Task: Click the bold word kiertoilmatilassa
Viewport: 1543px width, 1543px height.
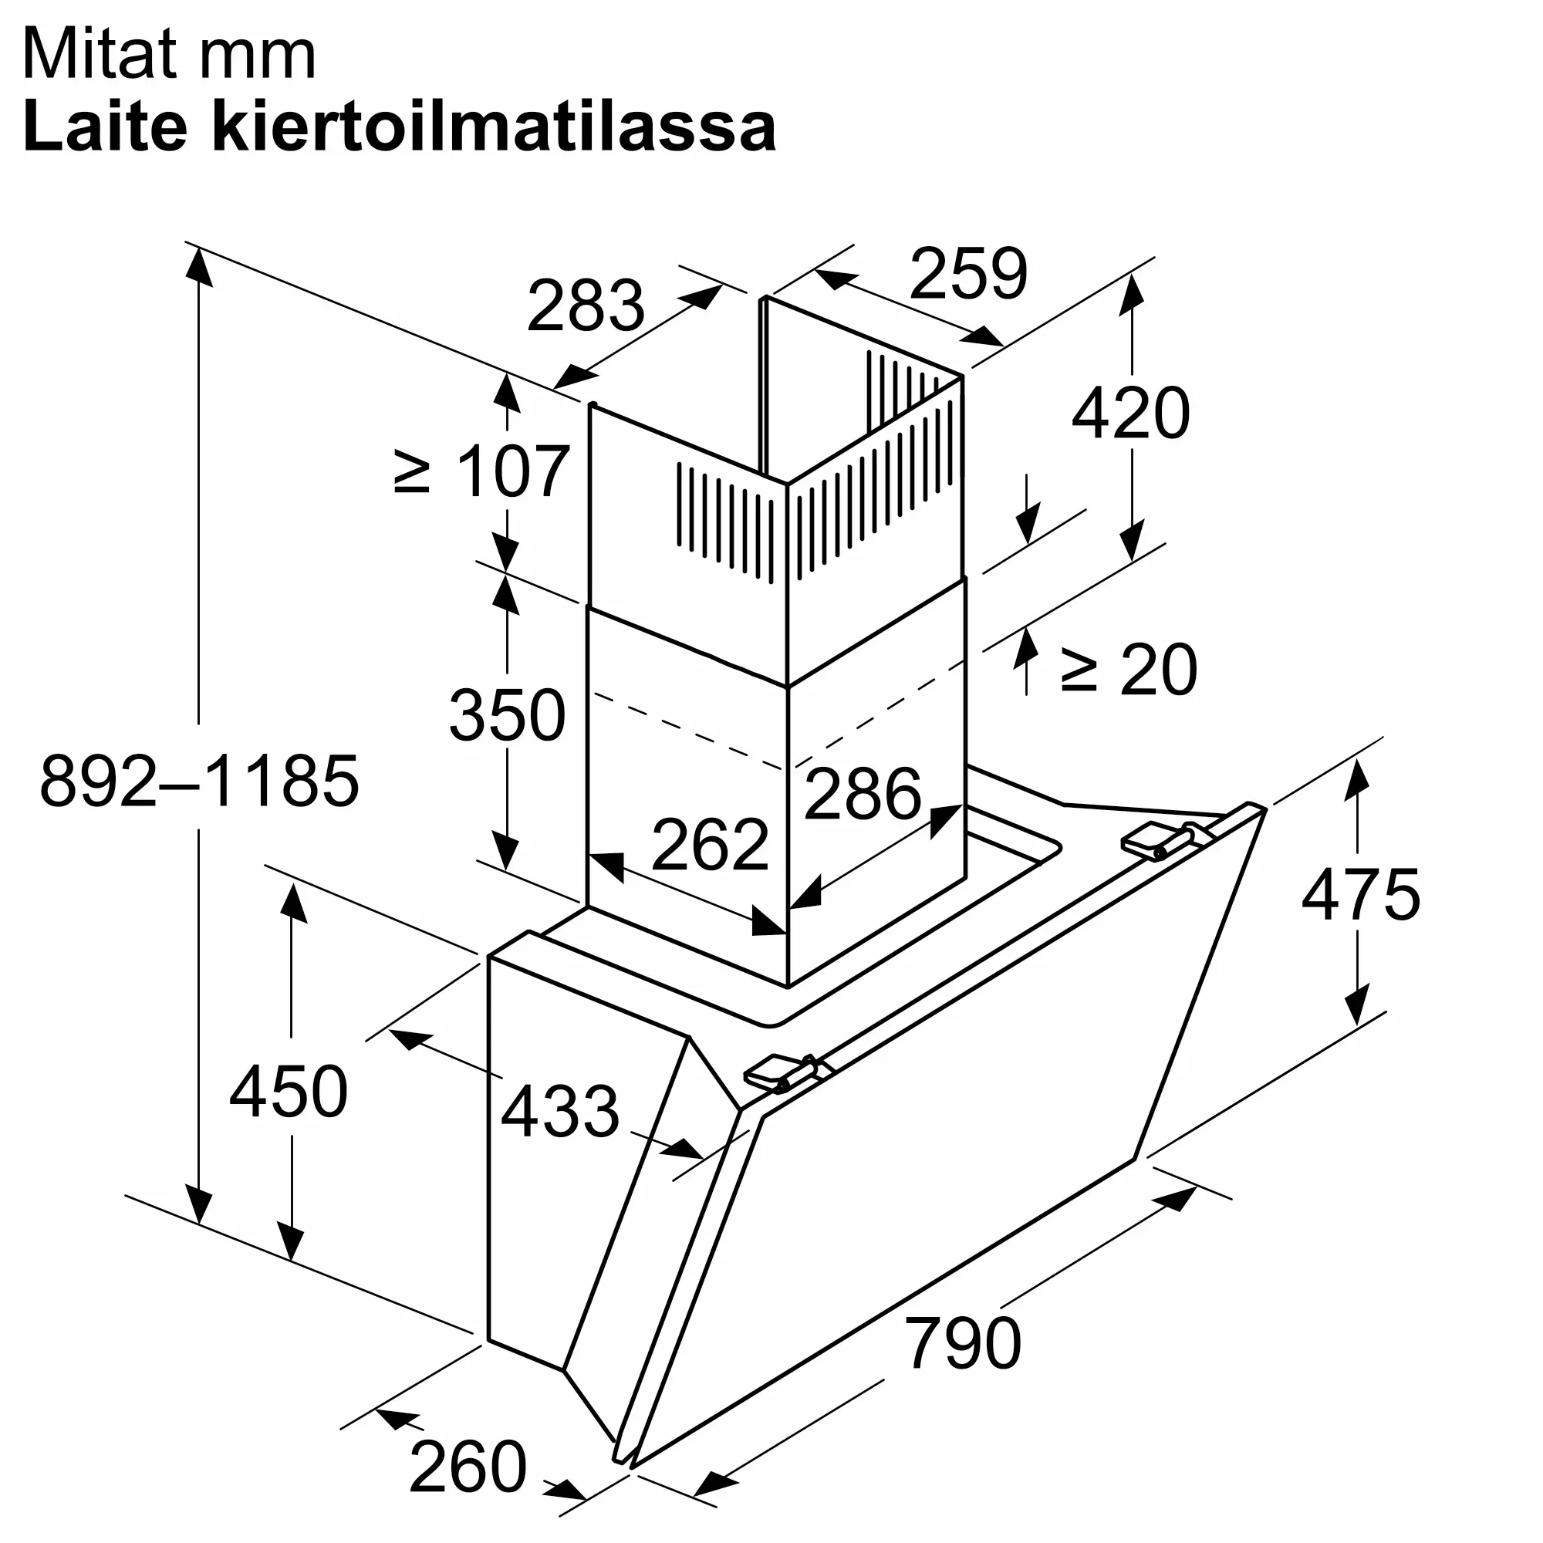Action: (x=495, y=127)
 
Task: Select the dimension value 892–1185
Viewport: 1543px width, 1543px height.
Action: (x=200, y=781)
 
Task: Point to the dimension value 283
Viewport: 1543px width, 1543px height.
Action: (x=586, y=306)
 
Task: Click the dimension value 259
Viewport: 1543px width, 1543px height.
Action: (x=968, y=274)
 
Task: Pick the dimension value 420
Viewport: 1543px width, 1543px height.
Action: (x=1130, y=414)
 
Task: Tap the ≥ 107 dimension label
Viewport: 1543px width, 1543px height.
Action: (x=482, y=472)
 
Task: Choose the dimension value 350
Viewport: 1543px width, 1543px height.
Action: (x=507, y=716)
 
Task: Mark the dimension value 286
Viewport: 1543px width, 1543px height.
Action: (x=863, y=794)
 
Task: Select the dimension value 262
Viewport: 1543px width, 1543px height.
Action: (x=710, y=845)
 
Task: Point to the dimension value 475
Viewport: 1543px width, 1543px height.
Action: (x=1360, y=894)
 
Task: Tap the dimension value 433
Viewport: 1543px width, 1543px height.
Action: (x=560, y=1111)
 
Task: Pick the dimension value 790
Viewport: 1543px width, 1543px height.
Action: (x=962, y=1343)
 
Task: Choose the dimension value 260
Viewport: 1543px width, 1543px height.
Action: (x=468, y=1467)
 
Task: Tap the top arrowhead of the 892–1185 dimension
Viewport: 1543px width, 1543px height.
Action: (x=199, y=265)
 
